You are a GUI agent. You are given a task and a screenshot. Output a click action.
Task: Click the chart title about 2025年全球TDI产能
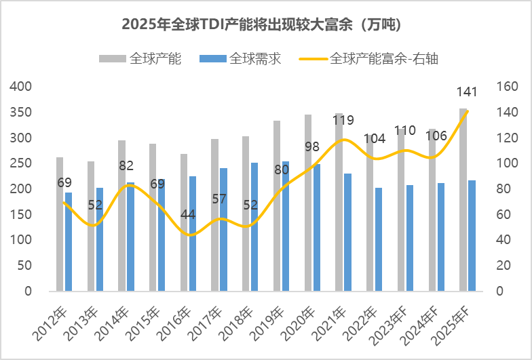[x=265, y=25]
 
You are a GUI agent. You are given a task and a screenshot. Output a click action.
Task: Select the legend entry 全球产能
[x=155, y=59]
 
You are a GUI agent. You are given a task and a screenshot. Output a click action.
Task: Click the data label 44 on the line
[x=188, y=216]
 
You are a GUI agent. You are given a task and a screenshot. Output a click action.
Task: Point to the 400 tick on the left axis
[x=20, y=87]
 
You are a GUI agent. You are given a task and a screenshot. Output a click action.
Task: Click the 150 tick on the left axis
[x=20, y=214]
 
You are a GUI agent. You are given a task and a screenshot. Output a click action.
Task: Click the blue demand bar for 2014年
[x=130, y=237]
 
